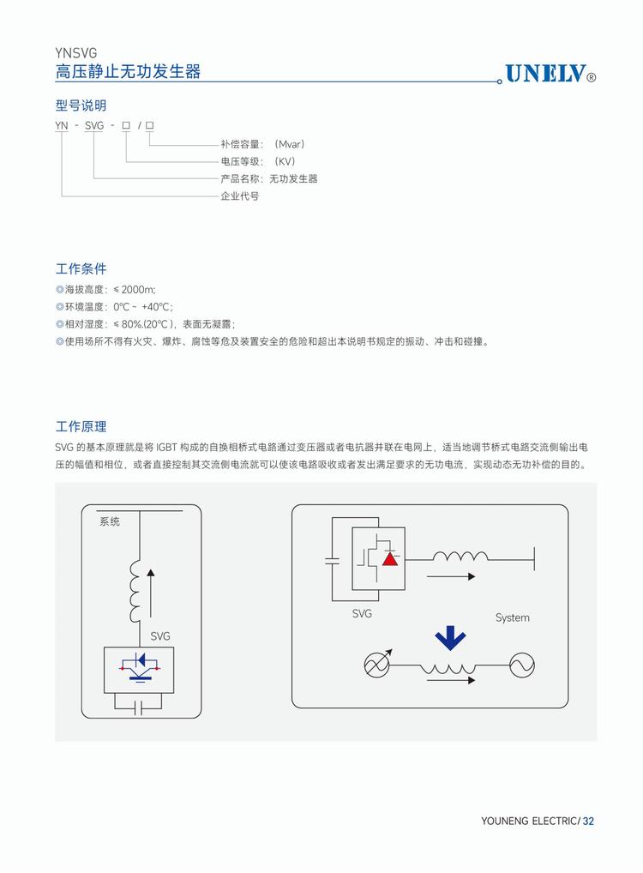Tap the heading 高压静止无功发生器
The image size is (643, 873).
[x=129, y=71]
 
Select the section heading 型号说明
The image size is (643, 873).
[x=81, y=105]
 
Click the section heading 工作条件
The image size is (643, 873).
[x=81, y=268]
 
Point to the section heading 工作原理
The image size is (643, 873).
[x=81, y=426]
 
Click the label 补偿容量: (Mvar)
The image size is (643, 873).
[x=262, y=144]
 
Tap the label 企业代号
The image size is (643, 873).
[x=239, y=196]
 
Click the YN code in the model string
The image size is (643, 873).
[x=62, y=126]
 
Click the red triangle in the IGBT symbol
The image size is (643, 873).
[x=390, y=558]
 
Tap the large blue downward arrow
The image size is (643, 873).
[x=450, y=638]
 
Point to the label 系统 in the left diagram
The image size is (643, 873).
[x=110, y=521]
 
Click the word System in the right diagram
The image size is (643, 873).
[x=512, y=617]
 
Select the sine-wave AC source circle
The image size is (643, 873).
[x=521, y=665]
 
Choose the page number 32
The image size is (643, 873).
[x=588, y=821]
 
